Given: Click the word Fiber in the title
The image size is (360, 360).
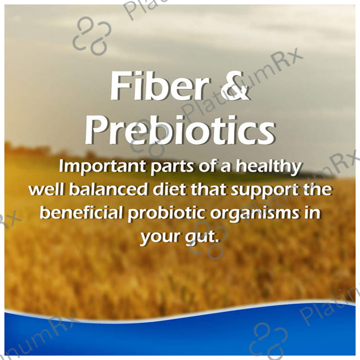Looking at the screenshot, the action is (160, 85).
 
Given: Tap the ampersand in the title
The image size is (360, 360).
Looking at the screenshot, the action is (235, 86).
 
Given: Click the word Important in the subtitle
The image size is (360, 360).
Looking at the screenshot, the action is (102, 166).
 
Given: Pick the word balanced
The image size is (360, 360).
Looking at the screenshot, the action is (108, 190).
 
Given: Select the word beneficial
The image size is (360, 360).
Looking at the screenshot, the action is (81, 213).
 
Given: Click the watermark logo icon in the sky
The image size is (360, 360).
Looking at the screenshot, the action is (92, 35).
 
